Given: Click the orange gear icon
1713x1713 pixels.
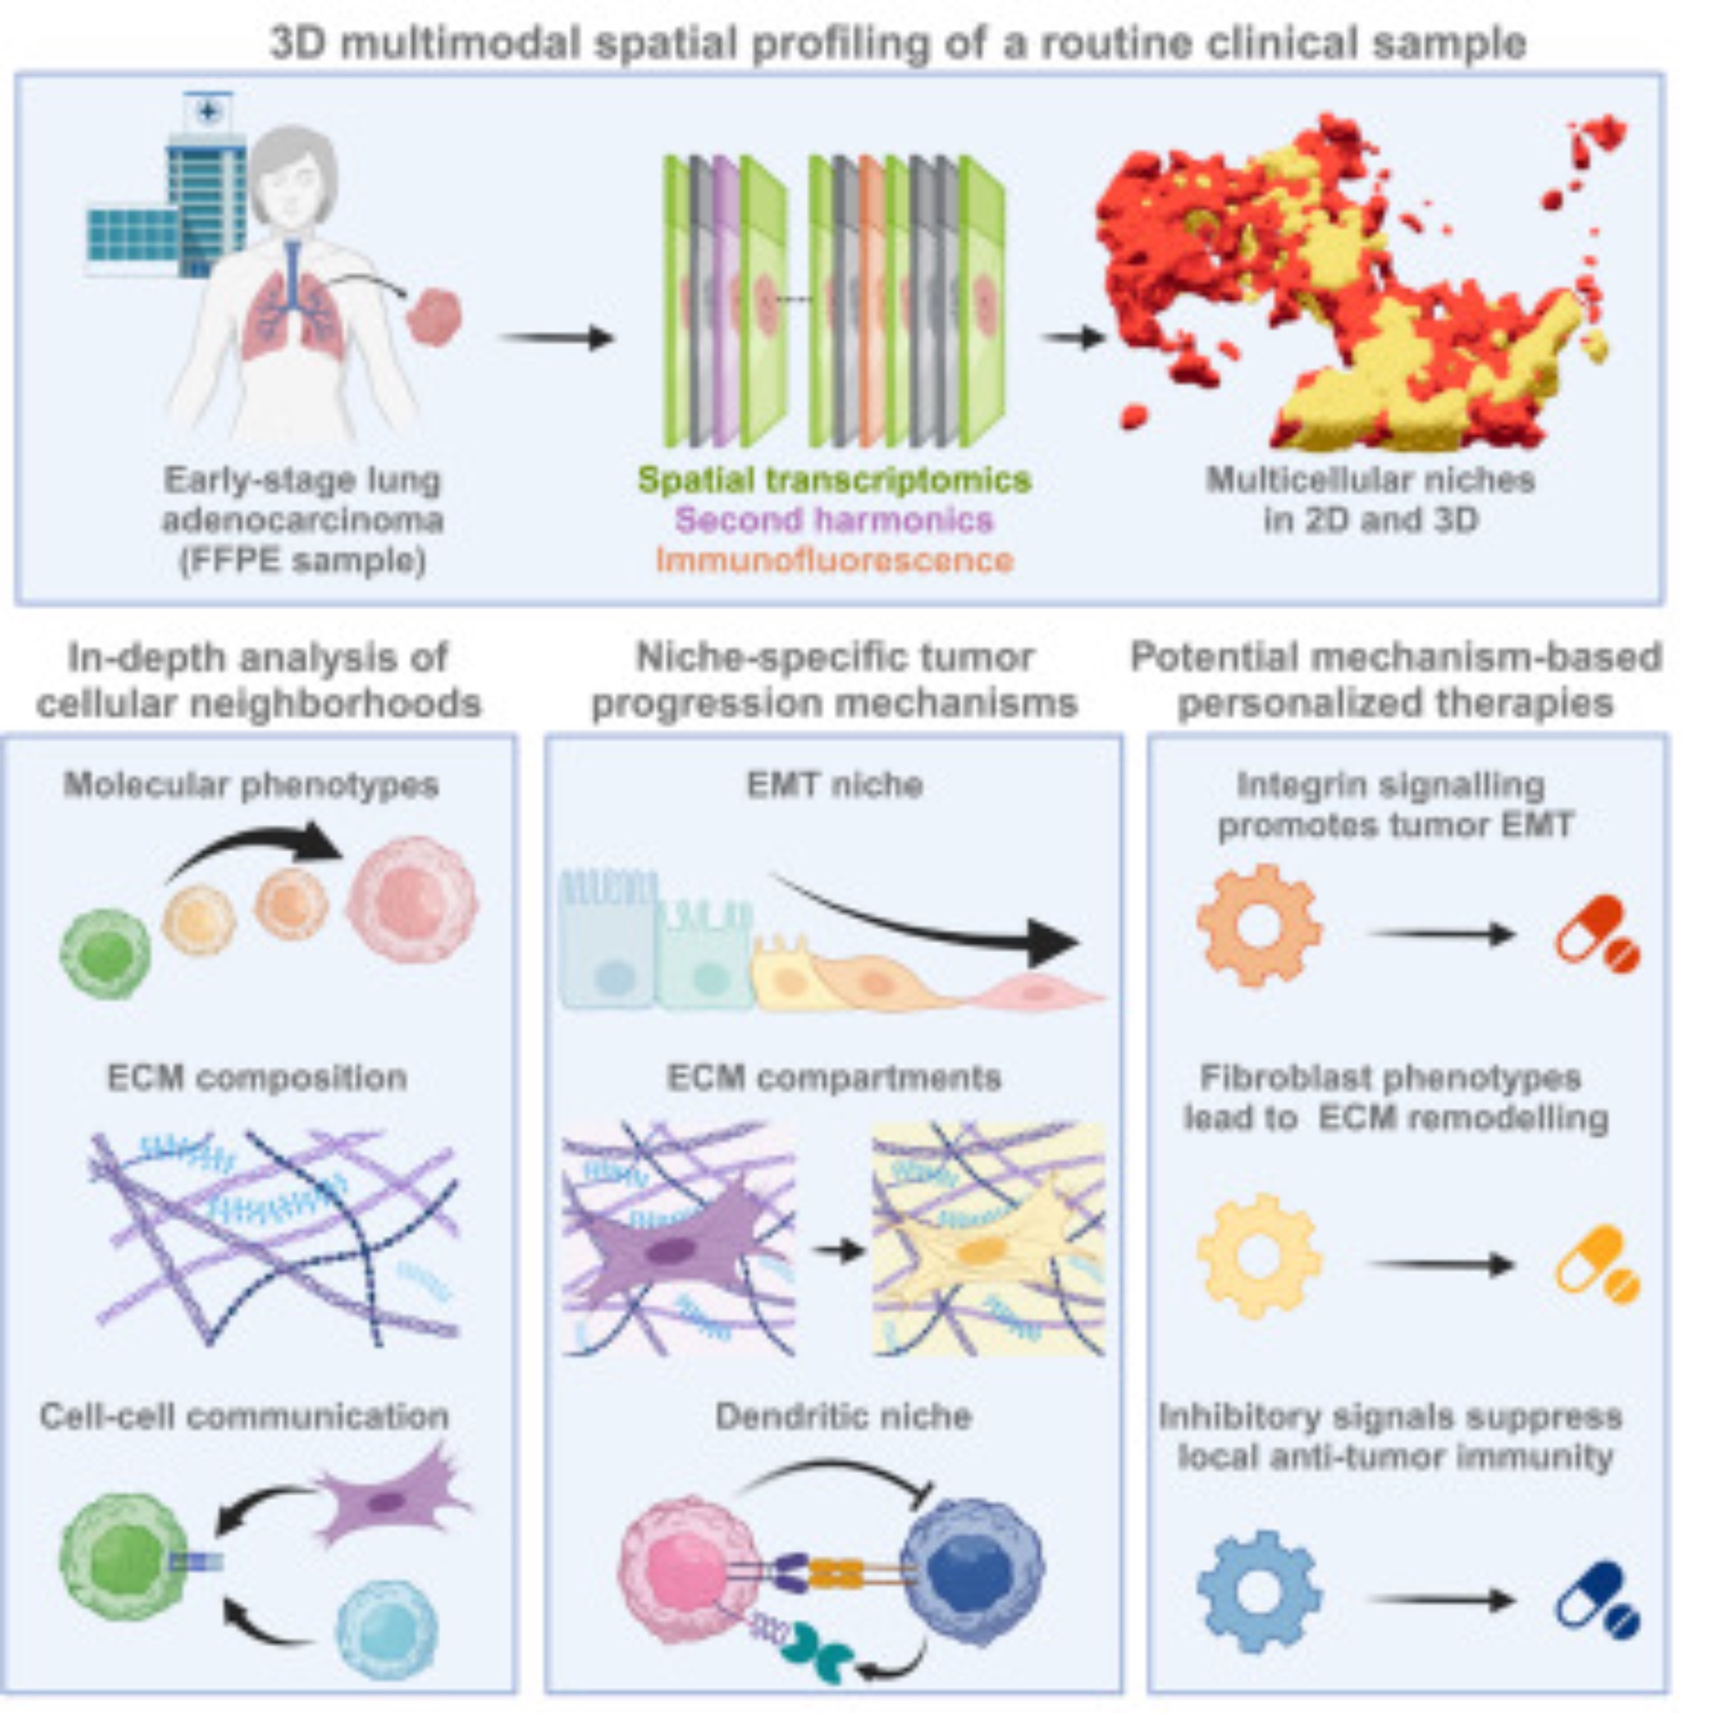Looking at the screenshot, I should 1260,926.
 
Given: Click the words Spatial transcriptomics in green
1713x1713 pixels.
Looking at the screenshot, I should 834,480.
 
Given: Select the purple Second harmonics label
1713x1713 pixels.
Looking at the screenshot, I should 834,520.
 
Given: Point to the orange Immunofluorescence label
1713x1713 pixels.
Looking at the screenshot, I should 834,560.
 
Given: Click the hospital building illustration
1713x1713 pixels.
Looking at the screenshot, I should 169,195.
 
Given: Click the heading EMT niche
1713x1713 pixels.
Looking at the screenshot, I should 834,785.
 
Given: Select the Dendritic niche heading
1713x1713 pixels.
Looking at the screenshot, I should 843,1416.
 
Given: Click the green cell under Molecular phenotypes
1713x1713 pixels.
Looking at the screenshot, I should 105,954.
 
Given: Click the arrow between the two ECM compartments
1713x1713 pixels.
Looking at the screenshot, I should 838,1251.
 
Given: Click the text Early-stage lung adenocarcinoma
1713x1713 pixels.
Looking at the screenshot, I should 302,499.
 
